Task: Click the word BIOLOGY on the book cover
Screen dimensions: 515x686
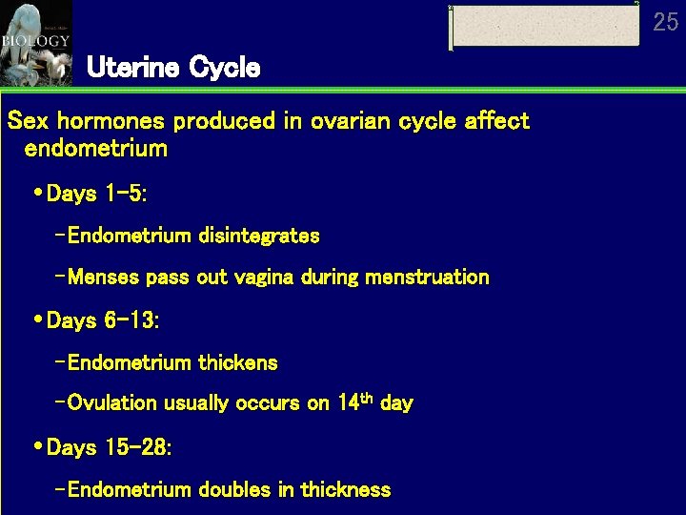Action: tap(35, 41)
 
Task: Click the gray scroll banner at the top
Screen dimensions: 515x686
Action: tap(545, 26)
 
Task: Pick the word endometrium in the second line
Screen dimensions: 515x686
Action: tap(96, 149)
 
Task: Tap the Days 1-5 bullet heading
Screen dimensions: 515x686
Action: tap(96, 194)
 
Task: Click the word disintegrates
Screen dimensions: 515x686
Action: tap(259, 235)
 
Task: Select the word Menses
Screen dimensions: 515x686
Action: tap(104, 278)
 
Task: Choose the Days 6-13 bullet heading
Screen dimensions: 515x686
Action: tap(103, 320)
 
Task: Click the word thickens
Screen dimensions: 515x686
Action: tap(238, 362)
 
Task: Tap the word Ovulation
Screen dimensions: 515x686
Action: tap(112, 402)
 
